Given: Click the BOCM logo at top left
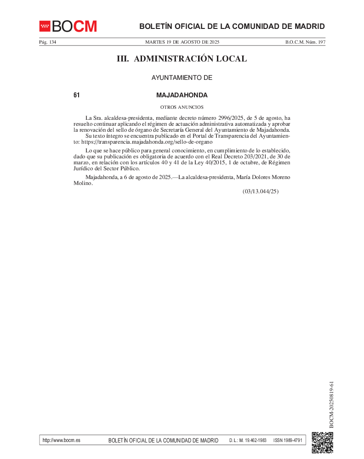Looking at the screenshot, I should [x=68, y=26].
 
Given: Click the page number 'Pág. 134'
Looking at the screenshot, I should [x=48, y=42].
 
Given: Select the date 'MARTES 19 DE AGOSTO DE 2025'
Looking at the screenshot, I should [x=182, y=42].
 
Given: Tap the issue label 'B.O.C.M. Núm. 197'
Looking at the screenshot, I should [x=305, y=42].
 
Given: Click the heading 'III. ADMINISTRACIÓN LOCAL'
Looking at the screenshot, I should [x=182, y=59].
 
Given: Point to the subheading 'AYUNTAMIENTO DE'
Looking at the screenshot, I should [x=182, y=78].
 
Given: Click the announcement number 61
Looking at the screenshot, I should [x=77, y=95].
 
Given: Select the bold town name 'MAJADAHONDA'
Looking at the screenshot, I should [x=182, y=95].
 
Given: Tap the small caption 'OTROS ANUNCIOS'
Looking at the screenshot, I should [x=182, y=107].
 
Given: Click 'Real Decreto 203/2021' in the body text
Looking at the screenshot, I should [x=249, y=156].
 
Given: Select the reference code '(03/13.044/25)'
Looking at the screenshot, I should [x=261, y=191].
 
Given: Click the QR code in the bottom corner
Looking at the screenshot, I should [x=322, y=442].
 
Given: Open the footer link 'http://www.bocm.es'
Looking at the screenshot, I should [x=61, y=440].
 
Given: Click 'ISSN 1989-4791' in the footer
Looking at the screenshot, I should [x=288, y=440].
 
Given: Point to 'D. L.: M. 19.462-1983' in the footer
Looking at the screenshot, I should [x=248, y=440].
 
